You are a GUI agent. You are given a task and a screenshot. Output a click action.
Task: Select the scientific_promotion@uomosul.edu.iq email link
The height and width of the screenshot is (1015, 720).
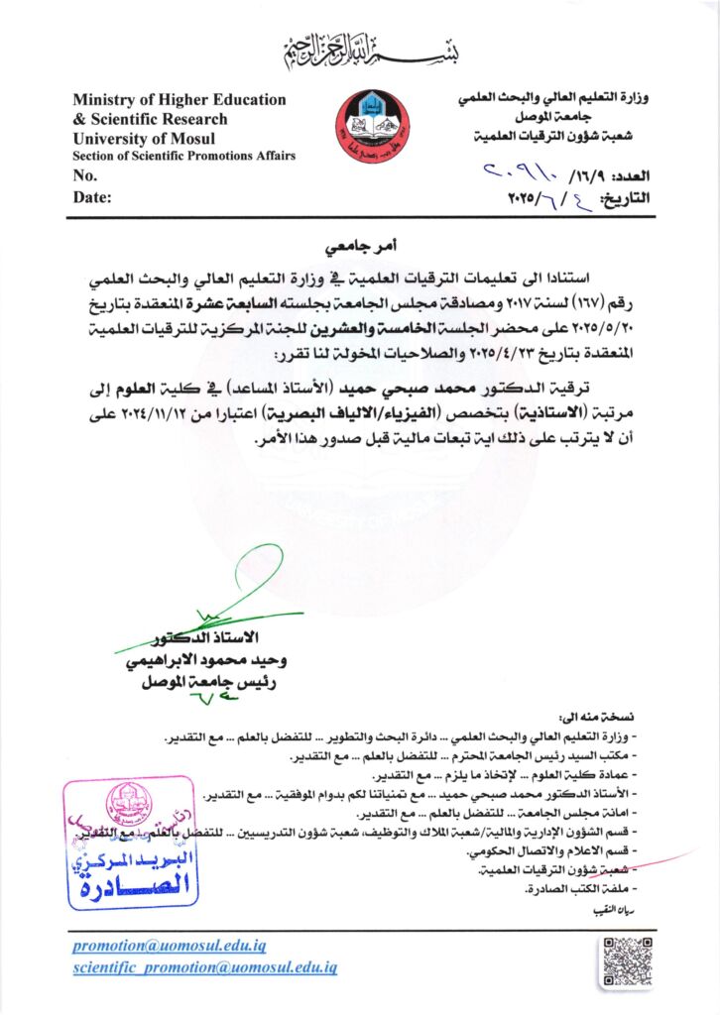(205, 965)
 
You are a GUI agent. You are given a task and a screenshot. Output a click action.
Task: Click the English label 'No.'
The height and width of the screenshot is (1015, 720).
(84, 175)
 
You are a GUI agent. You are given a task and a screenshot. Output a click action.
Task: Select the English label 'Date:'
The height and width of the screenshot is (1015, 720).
(92, 197)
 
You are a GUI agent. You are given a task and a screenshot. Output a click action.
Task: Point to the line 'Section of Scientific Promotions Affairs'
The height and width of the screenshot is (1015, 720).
(183, 156)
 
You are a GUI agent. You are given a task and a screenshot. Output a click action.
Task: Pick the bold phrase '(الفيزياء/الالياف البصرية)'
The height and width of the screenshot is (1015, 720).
(355, 407)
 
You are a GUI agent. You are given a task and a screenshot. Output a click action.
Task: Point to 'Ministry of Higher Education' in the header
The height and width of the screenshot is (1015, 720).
(180, 99)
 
